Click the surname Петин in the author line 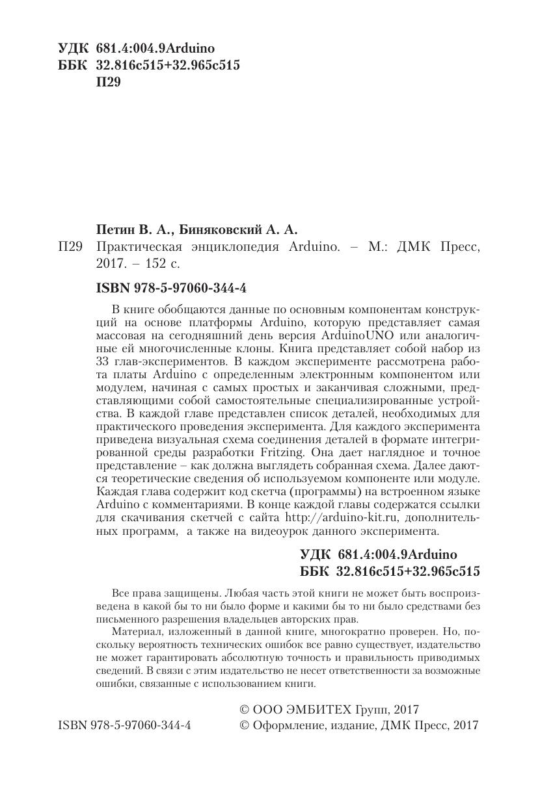[x=114, y=229]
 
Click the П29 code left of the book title [x=70, y=248]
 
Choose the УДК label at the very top [x=74, y=49]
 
